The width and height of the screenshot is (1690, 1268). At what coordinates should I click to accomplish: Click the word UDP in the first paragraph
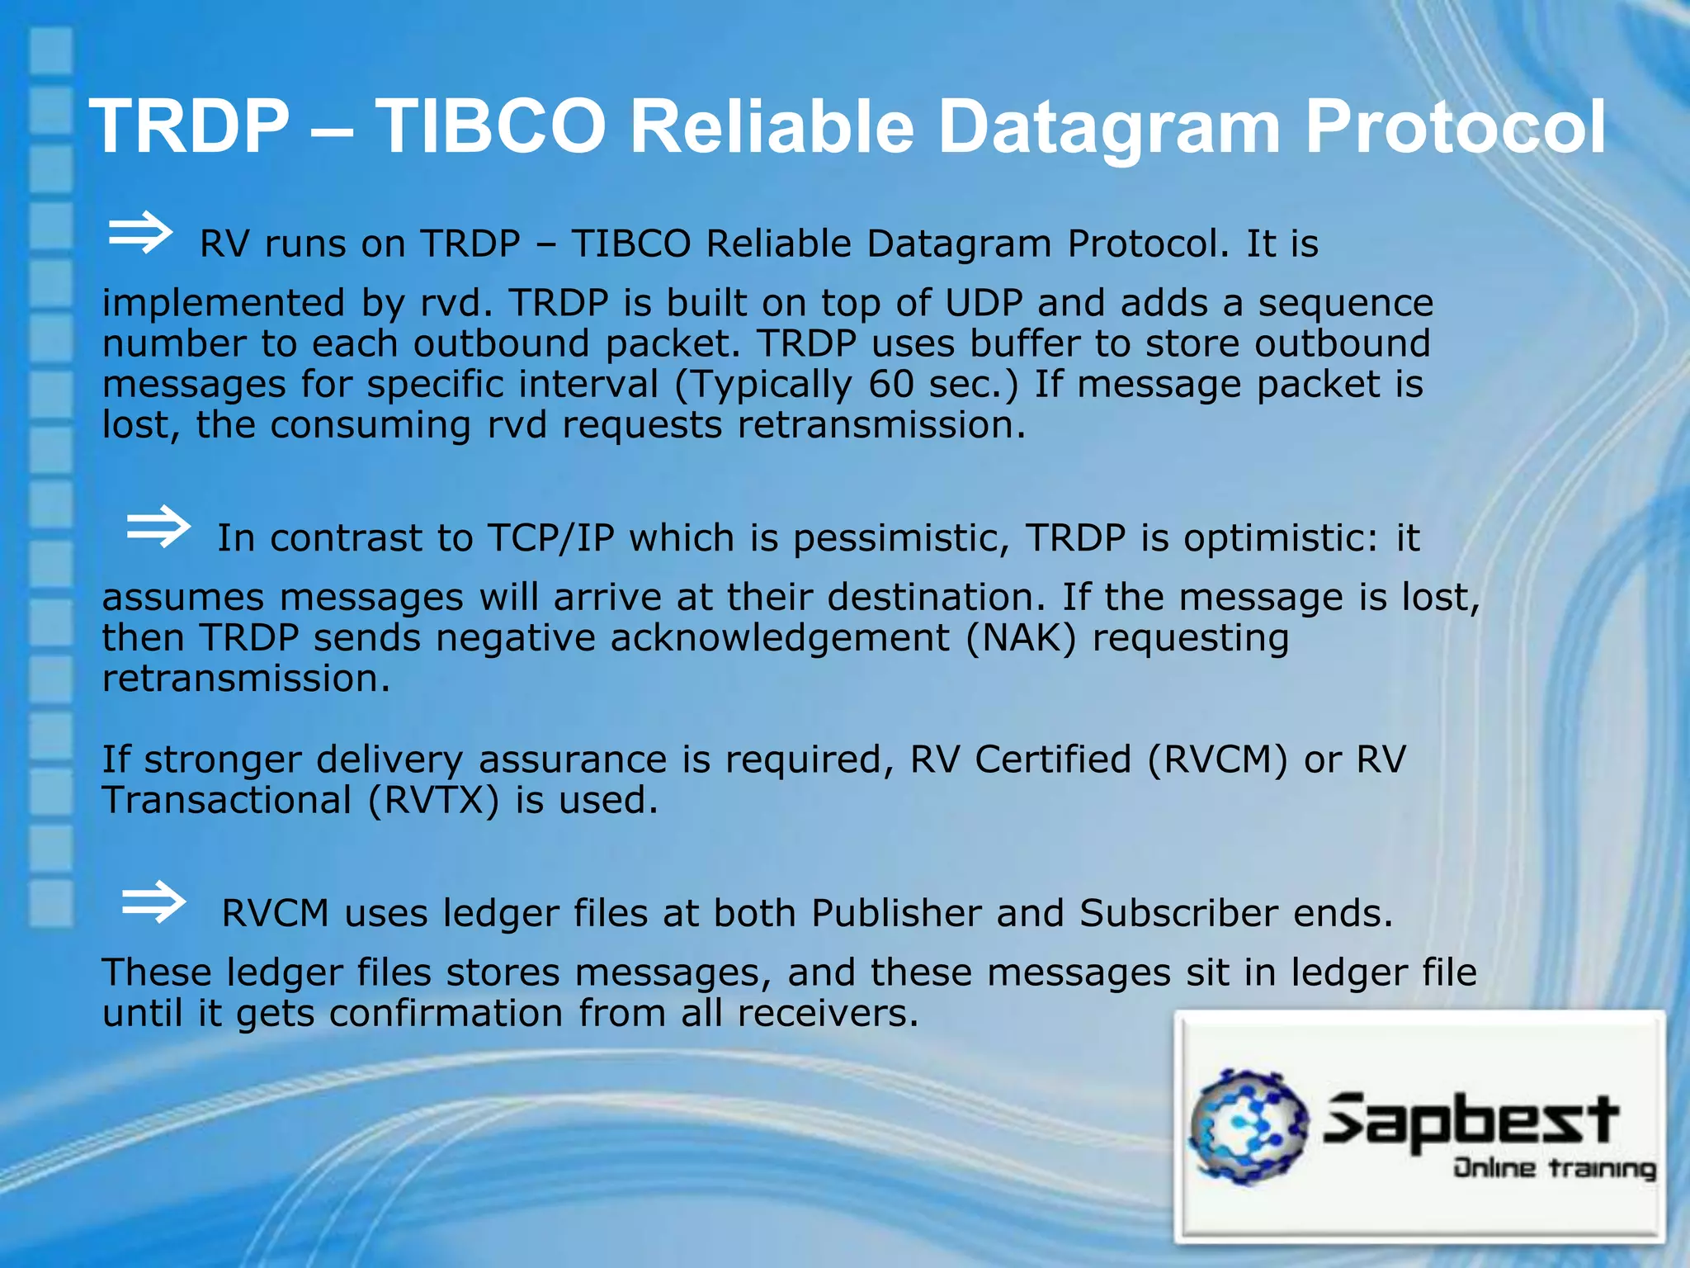click(x=984, y=303)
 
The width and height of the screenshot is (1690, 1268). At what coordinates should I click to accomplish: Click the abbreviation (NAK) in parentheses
click(x=1022, y=638)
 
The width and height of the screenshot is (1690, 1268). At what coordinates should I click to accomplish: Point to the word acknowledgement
click(x=780, y=638)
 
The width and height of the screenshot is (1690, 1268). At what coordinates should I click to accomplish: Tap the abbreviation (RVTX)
click(x=433, y=800)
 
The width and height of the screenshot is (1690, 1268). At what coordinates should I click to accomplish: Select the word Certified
click(x=1052, y=759)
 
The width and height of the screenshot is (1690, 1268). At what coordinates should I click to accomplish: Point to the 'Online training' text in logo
click(x=1554, y=1169)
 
